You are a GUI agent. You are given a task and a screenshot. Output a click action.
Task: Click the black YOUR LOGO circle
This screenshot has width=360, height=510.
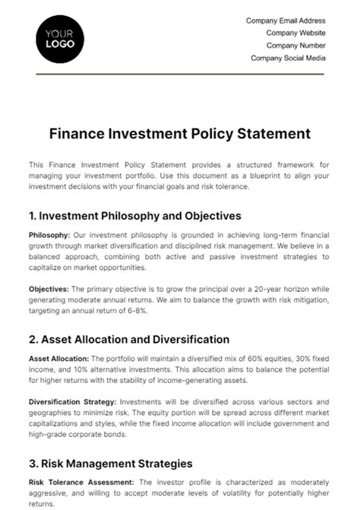(60, 38)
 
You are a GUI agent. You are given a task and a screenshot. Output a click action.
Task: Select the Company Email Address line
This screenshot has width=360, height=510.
(286, 21)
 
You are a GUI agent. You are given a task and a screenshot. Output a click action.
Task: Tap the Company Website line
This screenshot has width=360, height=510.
(296, 33)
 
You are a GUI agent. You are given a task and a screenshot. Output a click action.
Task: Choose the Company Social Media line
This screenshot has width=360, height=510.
(288, 58)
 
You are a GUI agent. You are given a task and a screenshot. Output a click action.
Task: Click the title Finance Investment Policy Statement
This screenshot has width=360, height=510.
(180, 134)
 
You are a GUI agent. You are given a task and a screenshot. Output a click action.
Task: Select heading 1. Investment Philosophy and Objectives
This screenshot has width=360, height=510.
(135, 216)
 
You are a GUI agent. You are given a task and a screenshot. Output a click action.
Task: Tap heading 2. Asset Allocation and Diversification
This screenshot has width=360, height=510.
(129, 339)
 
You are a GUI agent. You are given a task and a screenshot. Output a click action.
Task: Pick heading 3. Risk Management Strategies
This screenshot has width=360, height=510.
(111, 463)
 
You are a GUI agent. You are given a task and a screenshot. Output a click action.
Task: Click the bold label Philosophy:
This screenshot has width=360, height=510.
(49, 235)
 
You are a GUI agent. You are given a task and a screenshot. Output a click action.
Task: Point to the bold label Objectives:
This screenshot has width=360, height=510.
(49, 289)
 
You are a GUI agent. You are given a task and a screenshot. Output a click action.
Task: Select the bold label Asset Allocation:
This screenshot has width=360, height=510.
(58, 358)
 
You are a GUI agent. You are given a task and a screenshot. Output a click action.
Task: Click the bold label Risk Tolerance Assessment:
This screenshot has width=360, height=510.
(81, 481)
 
